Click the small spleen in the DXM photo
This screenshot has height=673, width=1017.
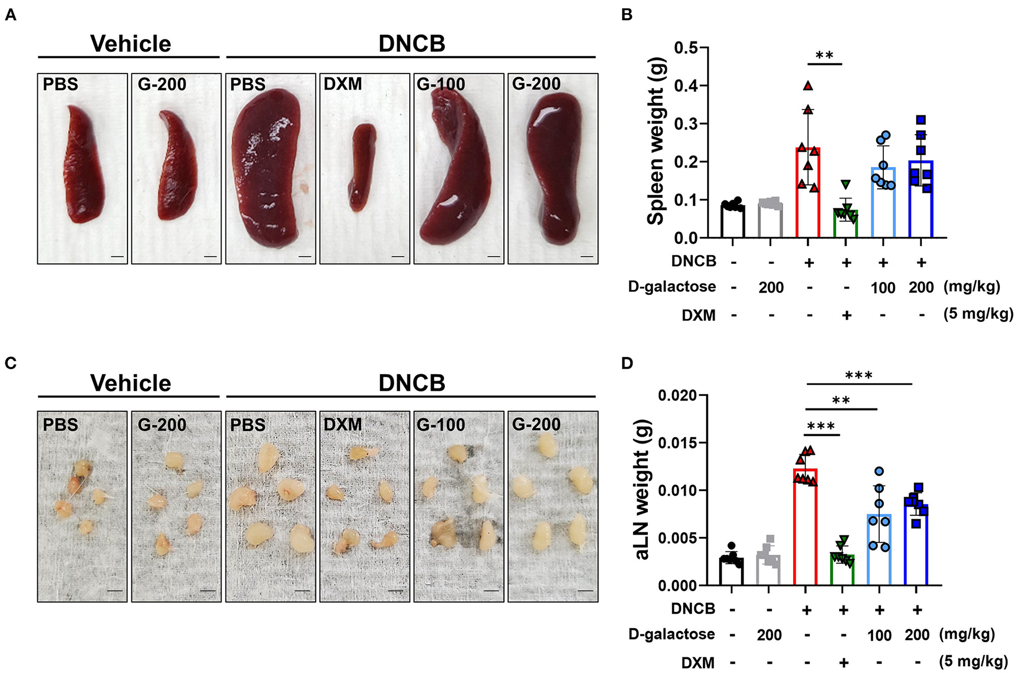tap(363, 166)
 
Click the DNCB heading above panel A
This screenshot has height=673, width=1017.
tap(412, 44)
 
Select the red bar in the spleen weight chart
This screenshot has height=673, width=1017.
tap(808, 192)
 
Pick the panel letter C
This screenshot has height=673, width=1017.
tap(10, 363)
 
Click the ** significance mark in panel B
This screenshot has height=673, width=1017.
tap(825, 56)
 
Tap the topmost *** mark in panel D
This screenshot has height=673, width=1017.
tap(859, 376)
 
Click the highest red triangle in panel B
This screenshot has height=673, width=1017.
tap(808, 86)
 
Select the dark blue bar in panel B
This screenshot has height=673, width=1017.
tap(921, 199)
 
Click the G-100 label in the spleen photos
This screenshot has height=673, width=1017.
tap(441, 84)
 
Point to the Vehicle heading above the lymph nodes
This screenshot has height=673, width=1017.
tap(131, 383)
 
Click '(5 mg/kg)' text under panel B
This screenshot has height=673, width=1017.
tap(978, 314)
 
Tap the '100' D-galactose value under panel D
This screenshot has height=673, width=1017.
tap(879, 636)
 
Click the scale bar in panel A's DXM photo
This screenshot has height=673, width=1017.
tap(398, 256)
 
